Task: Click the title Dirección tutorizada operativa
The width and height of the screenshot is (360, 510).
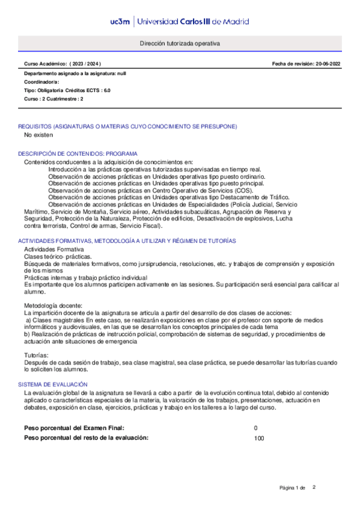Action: pos(180,44)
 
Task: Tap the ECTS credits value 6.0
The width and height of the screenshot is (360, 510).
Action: pos(106,90)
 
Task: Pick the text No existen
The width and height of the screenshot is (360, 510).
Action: pos(38,135)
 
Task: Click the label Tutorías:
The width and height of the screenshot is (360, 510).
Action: pos(37,356)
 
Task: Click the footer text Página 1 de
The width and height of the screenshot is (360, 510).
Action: pos(293,487)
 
